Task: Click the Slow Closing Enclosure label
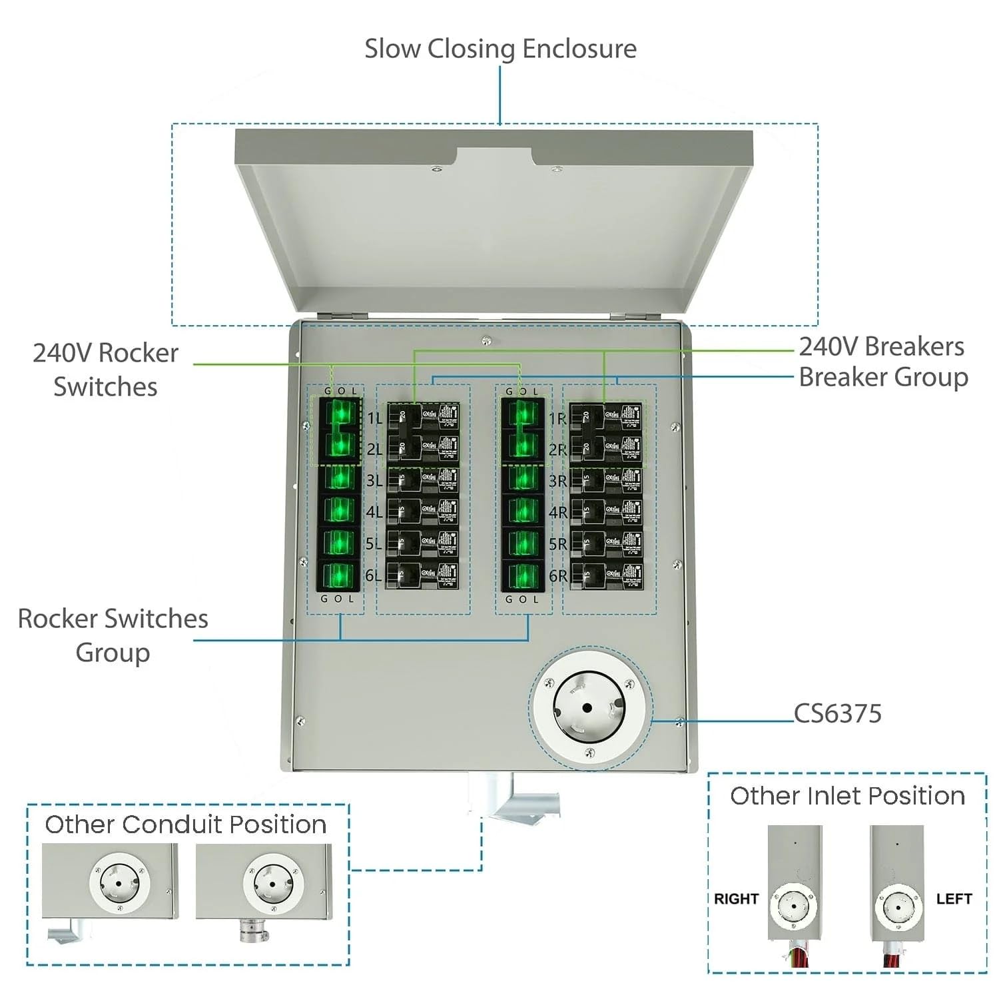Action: point(500,49)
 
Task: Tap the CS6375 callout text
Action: point(838,713)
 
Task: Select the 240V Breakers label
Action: point(881,346)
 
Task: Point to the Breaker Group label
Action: point(883,377)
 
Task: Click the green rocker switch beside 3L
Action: point(339,478)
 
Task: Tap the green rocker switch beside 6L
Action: point(339,575)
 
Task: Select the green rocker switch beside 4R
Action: point(523,511)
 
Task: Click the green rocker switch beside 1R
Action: point(523,415)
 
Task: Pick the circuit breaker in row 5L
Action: point(423,543)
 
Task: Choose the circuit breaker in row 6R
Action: point(607,575)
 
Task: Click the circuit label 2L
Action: point(374,450)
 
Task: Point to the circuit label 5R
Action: point(557,544)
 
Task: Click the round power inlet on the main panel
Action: point(589,707)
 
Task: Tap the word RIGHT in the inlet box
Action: point(736,898)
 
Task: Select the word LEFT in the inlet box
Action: point(954,898)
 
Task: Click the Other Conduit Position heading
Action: point(185,825)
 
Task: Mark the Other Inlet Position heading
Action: point(847,796)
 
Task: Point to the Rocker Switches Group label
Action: point(113,635)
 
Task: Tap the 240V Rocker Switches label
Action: point(105,370)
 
